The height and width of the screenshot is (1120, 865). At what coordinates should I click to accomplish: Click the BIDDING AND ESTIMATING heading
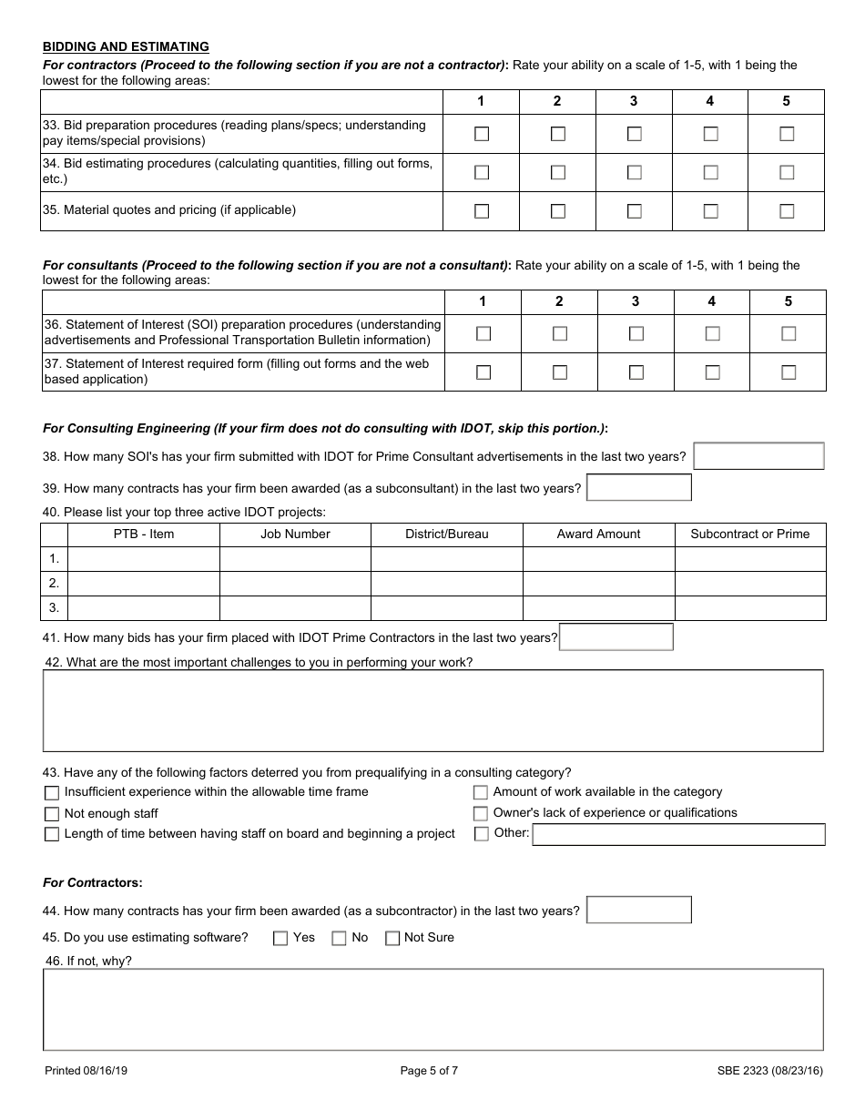point(126,46)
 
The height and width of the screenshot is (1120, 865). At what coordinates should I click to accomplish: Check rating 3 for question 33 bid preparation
point(635,134)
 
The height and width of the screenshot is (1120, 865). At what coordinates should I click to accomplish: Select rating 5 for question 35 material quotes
point(787,211)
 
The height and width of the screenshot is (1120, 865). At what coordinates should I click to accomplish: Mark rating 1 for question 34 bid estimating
point(482,172)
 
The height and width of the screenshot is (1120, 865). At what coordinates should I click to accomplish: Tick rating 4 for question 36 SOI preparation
point(712,333)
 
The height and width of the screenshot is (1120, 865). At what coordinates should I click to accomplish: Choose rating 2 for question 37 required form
point(560,372)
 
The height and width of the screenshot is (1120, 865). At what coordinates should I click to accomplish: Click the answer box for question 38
point(758,456)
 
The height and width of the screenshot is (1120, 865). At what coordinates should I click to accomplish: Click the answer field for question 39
point(639,488)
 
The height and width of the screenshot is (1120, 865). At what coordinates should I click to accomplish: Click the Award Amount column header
point(598,535)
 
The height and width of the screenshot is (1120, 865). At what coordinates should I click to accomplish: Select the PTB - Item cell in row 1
point(144,559)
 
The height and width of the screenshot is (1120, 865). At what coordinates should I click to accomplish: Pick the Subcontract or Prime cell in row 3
point(750,608)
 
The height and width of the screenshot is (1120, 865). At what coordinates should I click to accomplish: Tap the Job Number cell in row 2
point(295,584)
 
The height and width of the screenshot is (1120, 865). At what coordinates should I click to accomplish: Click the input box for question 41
point(616,637)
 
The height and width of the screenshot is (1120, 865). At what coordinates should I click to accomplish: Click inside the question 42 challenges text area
point(433,710)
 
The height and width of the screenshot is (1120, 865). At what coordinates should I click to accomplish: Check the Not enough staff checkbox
point(52,814)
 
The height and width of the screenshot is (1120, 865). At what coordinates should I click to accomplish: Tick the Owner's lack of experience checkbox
point(481,813)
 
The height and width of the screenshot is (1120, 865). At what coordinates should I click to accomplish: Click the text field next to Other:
point(678,834)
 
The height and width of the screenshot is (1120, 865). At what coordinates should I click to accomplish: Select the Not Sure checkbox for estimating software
point(392,938)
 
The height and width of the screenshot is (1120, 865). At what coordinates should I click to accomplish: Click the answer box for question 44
point(639,911)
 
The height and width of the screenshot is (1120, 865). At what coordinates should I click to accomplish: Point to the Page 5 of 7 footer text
point(429,1071)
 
